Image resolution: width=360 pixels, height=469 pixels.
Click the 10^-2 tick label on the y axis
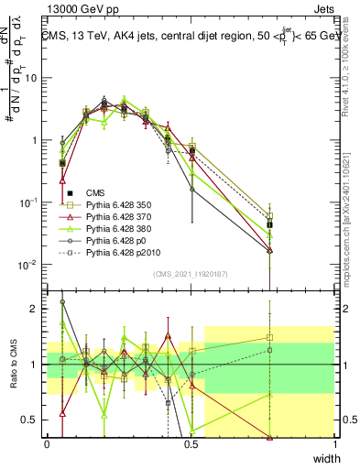[30, 265]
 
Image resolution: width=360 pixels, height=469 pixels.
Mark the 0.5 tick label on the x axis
[191, 443]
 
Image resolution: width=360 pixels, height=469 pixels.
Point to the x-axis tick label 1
[334, 443]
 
